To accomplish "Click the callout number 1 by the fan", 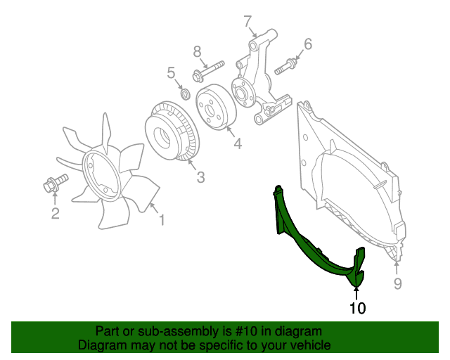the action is [162, 220].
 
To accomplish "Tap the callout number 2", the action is [55, 213].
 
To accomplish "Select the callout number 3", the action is [200, 177].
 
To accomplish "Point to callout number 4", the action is [238, 143].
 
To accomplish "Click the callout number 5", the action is [171, 73].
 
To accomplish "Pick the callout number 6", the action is [308, 44].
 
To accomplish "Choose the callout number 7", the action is [247, 22].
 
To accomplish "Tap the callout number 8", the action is [197, 52].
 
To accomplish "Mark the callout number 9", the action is [397, 283].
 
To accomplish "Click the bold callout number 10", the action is [358, 308].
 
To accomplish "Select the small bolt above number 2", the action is [56, 184].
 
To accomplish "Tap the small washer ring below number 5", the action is [186, 94].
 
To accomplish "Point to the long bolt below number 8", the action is [208, 71].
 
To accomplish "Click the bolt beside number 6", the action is [285, 67].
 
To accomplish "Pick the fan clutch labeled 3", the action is [170, 131].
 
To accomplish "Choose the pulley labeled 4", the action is [216, 107].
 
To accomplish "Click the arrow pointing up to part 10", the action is [356, 294].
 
